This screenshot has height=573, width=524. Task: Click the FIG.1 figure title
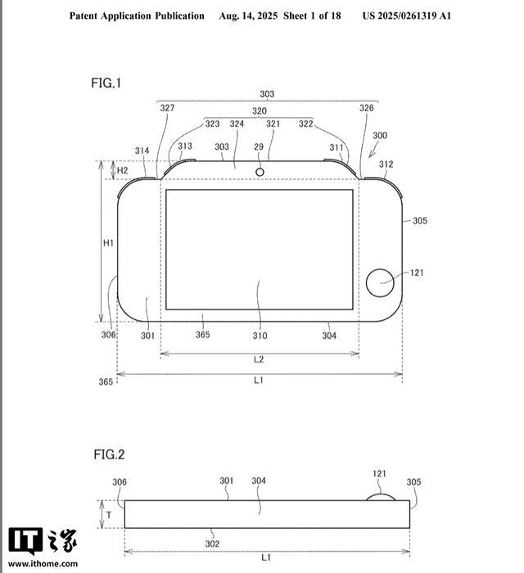pos(106,83)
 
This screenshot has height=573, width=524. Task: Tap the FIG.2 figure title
pos(109,454)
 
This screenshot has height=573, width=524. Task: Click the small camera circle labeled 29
pos(260,172)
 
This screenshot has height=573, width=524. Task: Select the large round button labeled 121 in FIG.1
pos(380,283)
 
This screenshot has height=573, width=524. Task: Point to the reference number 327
pos(167,108)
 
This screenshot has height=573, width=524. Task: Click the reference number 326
pos(367,108)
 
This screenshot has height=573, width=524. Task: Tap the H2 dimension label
pos(123,170)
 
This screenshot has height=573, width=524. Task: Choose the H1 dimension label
pos(108,243)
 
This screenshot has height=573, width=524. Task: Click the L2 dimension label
pos(259,359)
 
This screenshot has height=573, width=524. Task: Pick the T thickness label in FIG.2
pos(109,515)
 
